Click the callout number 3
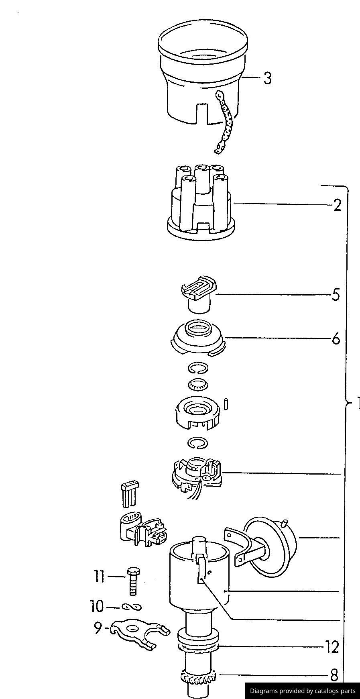click(267, 78)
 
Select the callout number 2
click(337, 205)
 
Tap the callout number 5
click(336, 295)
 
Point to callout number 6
click(336, 339)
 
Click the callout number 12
click(332, 647)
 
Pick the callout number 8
click(334, 675)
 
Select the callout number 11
click(99, 577)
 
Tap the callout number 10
click(97, 606)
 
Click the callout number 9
click(98, 628)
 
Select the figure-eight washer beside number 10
click(132, 607)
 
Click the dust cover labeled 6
click(197, 337)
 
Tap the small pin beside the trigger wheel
click(226, 404)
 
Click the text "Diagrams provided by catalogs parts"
click(303, 691)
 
